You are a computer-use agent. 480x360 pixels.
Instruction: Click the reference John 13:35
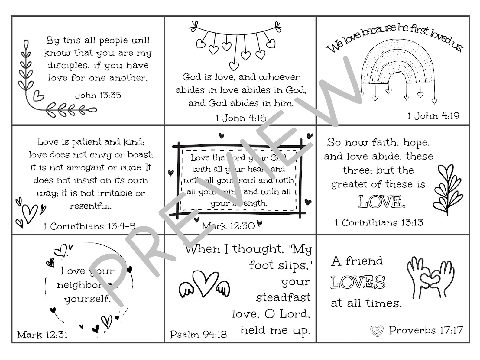pyautogui.click(x=98, y=95)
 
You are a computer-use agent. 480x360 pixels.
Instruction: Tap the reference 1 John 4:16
pyautogui.click(x=241, y=118)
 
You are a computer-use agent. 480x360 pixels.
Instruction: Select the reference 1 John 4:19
pyautogui.click(x=433, y=116)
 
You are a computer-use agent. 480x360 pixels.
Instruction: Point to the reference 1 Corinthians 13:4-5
pyautogui.click(x=89, y=226)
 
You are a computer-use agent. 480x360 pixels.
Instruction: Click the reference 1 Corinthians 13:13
pyautogui.click(x=379, y=223)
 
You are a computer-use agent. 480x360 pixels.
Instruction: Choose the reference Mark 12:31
pyautogui.click(x=42, y=335)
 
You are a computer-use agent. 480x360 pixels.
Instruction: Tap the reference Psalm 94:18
pyautogui.click(x=198, y=334)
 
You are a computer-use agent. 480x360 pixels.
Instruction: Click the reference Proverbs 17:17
pyautogui.click(x=426, y=330)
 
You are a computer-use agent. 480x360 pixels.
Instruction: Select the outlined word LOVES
pyautogui.click(x=358, y=282)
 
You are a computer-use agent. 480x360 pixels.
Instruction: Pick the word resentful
pyautogui.click(x=91, y=206)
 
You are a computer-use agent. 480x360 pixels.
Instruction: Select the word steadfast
pyautogui.click(x=283, y=297)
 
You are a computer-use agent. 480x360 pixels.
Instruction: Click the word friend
pyautogui.click(x=364, y=261)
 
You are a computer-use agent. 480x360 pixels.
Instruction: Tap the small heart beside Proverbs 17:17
pyautogui.click(x=377, y=331)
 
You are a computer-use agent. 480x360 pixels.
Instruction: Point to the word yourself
pyautogui.click(x=87, y=299)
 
